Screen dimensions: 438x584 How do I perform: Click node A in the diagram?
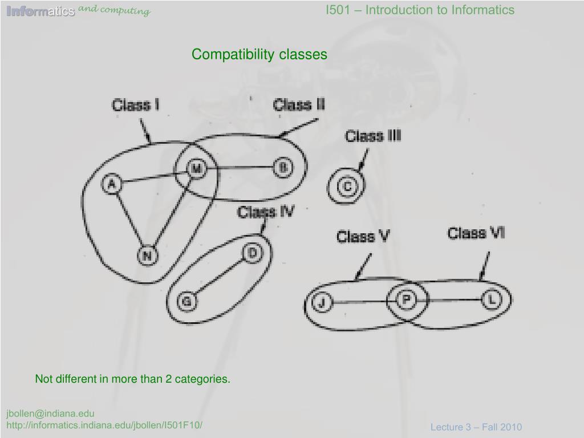[x=112, y=184]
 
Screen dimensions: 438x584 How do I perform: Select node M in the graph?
[x=196, y=169]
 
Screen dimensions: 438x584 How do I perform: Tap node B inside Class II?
[x=283, y=168]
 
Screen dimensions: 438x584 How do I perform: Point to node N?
[x=147, y=255]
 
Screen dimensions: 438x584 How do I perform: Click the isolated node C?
[x=347, y=186]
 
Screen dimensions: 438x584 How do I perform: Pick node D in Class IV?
[x=252, y=253]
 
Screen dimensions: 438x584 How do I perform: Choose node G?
[x=186, y=301]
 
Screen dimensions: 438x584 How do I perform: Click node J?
[x=322, y=302]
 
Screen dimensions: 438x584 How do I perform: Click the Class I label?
[x=135, y=106]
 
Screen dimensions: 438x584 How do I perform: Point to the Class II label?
[x=299, y=105]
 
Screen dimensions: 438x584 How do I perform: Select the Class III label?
[x=373, y=136]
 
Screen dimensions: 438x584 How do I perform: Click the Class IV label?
[x=266, y=212]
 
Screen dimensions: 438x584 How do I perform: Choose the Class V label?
[x=363, y=236]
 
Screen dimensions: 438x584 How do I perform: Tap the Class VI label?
[x=476, y=233]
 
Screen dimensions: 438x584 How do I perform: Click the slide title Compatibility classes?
[x=259, y=54]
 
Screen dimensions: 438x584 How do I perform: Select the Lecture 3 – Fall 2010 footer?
[x=476, y=427]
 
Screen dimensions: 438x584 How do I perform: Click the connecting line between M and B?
[x=240, y=168]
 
